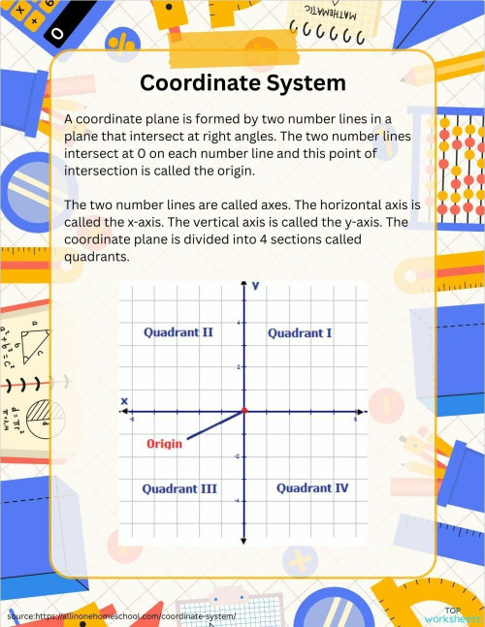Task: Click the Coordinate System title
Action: click(x=242, y=83)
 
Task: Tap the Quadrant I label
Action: click(x=300, y=333)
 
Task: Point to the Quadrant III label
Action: click(x=178, y=488)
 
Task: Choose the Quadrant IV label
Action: click(x=312, y=488)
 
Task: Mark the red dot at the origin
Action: click(x=243, y=411)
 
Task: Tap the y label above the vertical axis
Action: click(x=255, y=287)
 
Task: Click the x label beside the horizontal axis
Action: click(x=124, y=400)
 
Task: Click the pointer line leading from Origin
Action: click(x=213, y=426)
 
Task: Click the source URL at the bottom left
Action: click(x=121, y=615)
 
